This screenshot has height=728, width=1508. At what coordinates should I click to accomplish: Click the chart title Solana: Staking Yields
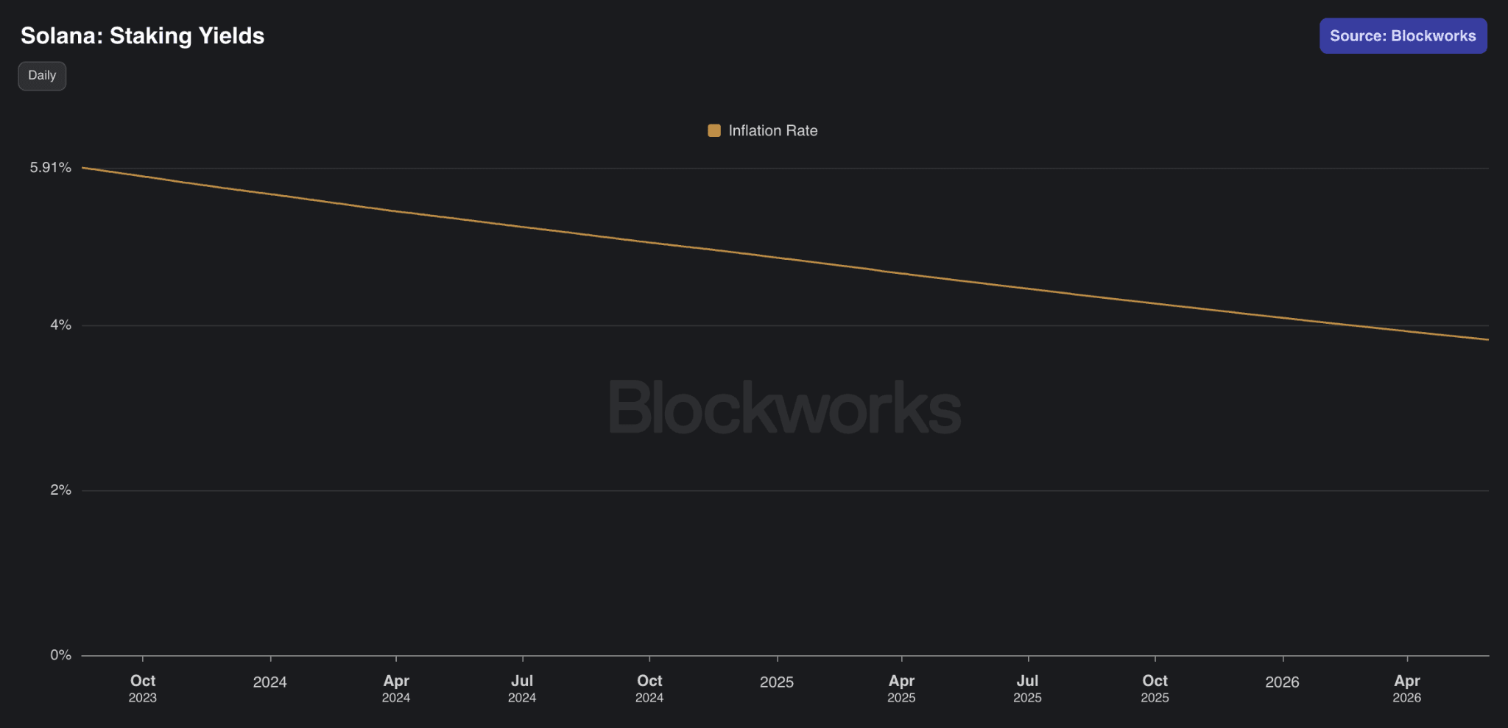point(142,36)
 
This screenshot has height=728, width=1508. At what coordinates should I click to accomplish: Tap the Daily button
point(42,76)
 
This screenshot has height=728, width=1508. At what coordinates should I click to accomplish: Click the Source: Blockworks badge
point(1403,36)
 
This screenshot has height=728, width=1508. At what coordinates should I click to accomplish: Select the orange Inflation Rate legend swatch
point(714,131)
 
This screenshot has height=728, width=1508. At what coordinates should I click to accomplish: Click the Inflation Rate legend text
point(773,131)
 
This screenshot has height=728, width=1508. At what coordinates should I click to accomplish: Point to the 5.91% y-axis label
point(51,168)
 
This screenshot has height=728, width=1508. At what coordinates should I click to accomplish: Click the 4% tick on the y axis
point(60,325)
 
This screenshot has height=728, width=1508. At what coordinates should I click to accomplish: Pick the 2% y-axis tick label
point(60,490)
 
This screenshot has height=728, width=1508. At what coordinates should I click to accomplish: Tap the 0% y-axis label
point(60,655)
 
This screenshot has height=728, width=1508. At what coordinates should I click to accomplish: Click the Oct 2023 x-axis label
point(143,688)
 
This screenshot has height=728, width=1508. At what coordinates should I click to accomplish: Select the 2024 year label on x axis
point(270,682)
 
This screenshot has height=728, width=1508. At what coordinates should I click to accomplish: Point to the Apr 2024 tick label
point(396,688)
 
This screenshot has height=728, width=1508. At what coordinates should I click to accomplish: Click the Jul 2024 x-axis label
point(522,688)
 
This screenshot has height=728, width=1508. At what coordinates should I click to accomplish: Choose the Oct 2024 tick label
point(649,688)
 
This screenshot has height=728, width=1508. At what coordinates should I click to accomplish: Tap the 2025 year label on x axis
point(777,682)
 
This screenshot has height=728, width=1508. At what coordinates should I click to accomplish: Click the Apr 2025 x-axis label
point(901,688)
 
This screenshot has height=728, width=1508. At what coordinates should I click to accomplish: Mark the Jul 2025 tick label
point(1028,688)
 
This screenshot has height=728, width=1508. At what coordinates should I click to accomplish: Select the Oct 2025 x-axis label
point(1155,688)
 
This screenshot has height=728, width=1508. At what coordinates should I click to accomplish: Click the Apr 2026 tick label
point(1407,688)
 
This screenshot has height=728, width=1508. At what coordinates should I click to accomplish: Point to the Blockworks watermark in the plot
point(785,407)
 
